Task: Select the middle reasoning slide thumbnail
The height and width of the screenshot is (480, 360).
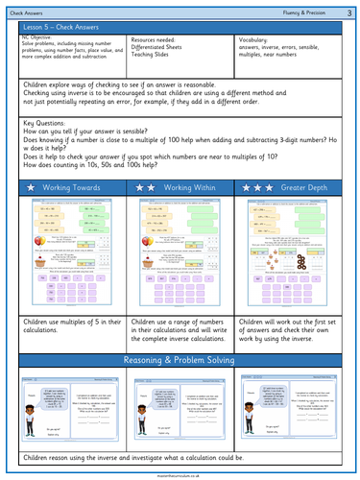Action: coord(180,414)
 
